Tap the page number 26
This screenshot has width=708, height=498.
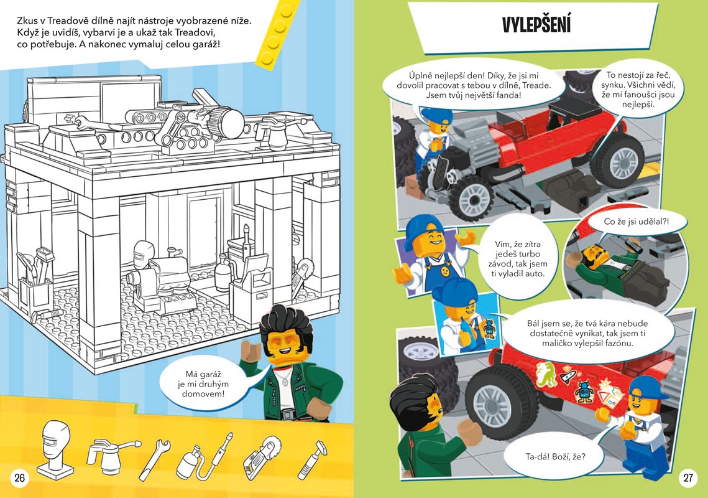coord(19,477)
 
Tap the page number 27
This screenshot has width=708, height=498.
coord(687,477)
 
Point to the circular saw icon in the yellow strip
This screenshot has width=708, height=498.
coord(262,458)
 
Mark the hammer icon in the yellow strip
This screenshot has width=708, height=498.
coord(313,459)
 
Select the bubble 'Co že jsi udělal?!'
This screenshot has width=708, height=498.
coord(636,223)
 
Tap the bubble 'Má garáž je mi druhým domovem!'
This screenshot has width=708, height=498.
coord(203,384)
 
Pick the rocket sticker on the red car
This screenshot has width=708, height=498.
coord(568,375)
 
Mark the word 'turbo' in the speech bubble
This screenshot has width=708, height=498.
coord(529,254)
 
